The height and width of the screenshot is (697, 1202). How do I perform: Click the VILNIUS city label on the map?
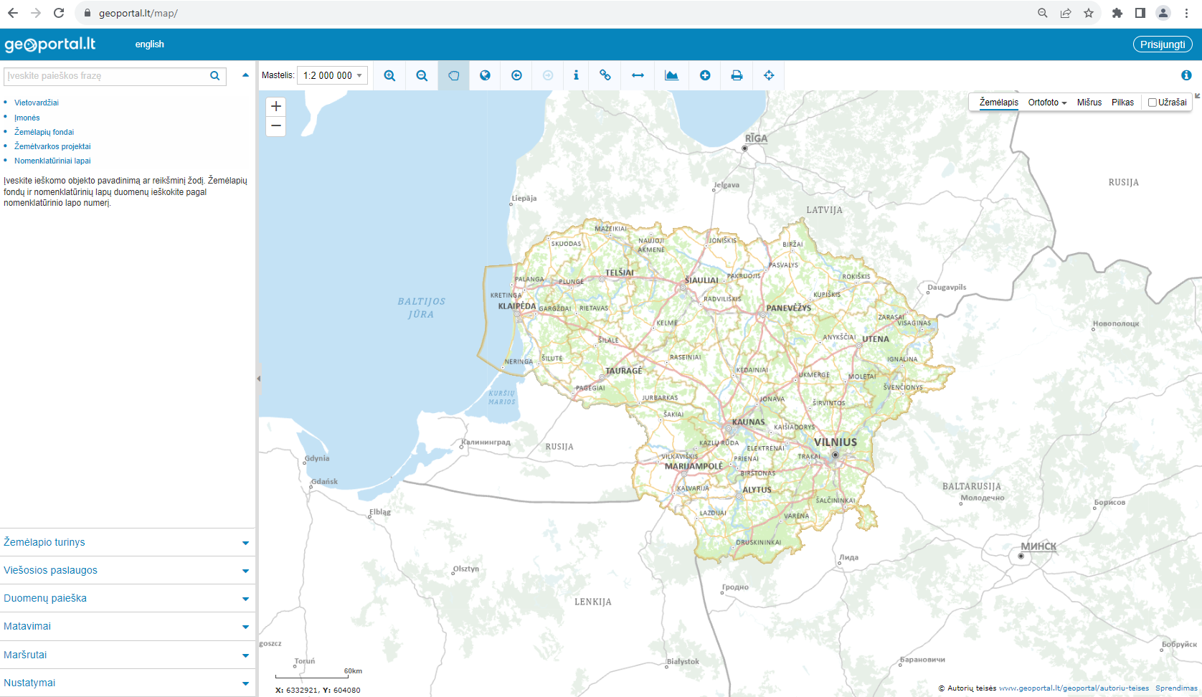point(836,442)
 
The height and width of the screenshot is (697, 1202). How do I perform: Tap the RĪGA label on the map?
point(756,138)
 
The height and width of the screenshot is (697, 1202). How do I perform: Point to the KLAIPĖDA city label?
point(517,306)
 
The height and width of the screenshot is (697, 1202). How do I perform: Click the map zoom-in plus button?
point(276,106)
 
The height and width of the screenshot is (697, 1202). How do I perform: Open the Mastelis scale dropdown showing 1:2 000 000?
point(332,75)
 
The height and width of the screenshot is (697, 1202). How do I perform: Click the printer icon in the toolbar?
point(737,75)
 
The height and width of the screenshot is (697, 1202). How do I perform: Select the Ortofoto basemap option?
point(1047,103)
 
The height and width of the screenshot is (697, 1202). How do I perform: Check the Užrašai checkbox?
point(1153,103)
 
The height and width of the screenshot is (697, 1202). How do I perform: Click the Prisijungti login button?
point(1163,44)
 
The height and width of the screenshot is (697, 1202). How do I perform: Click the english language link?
point(149,44)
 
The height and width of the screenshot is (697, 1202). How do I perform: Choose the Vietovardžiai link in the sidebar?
point(37,103)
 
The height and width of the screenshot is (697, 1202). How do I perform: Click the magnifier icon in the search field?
point(214,76)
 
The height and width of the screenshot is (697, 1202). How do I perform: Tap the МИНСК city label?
point(1038,546)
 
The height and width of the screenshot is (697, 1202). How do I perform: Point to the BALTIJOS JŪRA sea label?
point(422,308)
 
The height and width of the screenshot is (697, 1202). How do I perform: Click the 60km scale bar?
point(313,675)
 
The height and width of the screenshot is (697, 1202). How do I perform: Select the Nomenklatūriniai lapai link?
point(52,161)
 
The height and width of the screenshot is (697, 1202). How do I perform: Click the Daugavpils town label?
point(947,288)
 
